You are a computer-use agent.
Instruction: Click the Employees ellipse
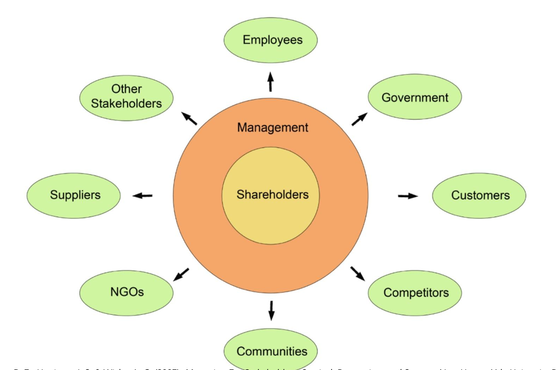pos(270,40)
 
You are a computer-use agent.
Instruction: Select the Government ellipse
pos(415,97)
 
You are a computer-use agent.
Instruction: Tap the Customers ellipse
pos(479,196)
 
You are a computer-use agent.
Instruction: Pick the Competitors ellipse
pos(415,293)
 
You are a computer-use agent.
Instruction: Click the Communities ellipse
pos(270,350)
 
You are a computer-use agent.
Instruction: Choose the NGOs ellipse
pos(126,292)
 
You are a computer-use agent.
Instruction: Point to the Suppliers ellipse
pos(74,196)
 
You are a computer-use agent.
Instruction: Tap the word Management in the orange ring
pos(272,128)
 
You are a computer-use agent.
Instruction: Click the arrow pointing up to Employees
pos(270,82)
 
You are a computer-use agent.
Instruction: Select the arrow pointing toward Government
pos(359,119)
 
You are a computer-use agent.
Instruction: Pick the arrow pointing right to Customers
pos(407,196)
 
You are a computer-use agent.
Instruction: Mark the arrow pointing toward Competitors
pos(358,273)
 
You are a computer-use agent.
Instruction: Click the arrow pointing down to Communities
pos(271,310)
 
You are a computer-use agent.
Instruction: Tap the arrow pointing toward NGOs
pos(182,274)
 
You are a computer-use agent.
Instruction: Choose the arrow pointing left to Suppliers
pos(143,196)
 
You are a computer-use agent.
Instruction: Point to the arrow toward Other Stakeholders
pos(189,119)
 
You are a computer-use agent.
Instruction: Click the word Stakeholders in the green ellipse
pos(126,104)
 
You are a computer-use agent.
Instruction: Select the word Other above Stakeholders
pos(126,89)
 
